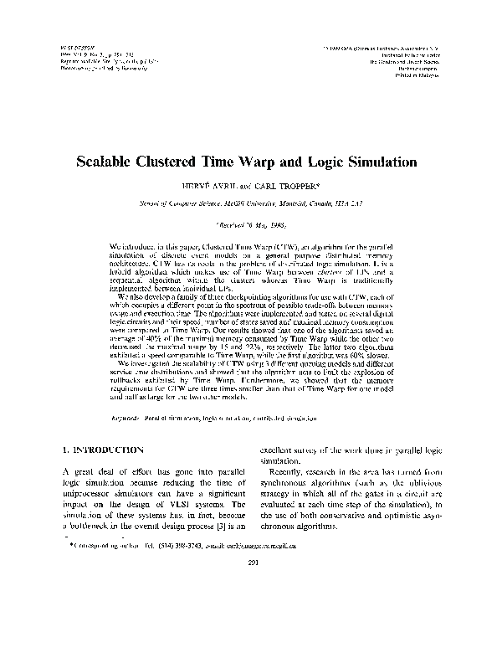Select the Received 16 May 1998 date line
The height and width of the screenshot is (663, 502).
251,225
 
